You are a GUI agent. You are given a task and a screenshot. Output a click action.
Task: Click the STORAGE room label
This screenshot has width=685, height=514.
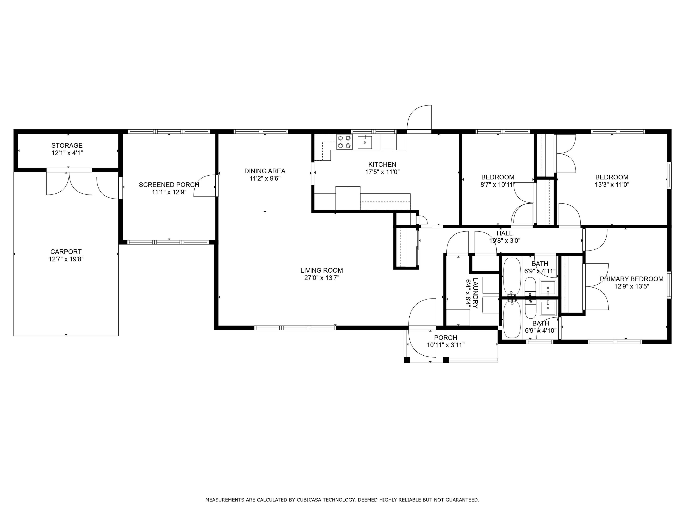coord(67,145)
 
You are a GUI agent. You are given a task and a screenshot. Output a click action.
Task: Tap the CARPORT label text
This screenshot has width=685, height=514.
coord(66,252)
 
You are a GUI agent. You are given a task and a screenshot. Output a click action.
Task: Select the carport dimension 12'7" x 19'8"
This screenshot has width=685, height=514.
coord(66,259)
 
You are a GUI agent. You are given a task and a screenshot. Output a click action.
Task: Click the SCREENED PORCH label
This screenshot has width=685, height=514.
coord(169,185)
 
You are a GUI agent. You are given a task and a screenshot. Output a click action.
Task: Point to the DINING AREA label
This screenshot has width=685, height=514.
coord(265,171)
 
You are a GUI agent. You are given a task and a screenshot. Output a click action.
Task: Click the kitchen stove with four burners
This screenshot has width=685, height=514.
coord(344,142)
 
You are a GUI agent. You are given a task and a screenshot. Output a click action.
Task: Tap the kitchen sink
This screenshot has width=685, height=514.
coord(365,142)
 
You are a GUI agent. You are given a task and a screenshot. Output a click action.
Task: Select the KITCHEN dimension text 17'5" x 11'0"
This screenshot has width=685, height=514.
coord(382,172)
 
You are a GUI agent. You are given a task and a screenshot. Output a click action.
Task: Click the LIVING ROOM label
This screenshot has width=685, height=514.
coord(322,270)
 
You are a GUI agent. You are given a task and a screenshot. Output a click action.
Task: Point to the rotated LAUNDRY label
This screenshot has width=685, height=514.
coord(476,293)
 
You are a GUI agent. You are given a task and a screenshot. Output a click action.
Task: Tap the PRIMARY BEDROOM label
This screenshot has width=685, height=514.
coord(632,279)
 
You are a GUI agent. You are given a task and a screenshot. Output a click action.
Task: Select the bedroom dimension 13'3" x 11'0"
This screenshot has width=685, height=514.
coord(612,185)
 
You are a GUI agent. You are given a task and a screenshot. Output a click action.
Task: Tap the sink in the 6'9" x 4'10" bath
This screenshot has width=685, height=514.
coord(548,308)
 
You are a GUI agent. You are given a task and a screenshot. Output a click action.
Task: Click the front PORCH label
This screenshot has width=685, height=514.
coord(446,338)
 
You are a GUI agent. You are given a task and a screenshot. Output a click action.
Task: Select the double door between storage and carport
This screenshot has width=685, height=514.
coord(69,183)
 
